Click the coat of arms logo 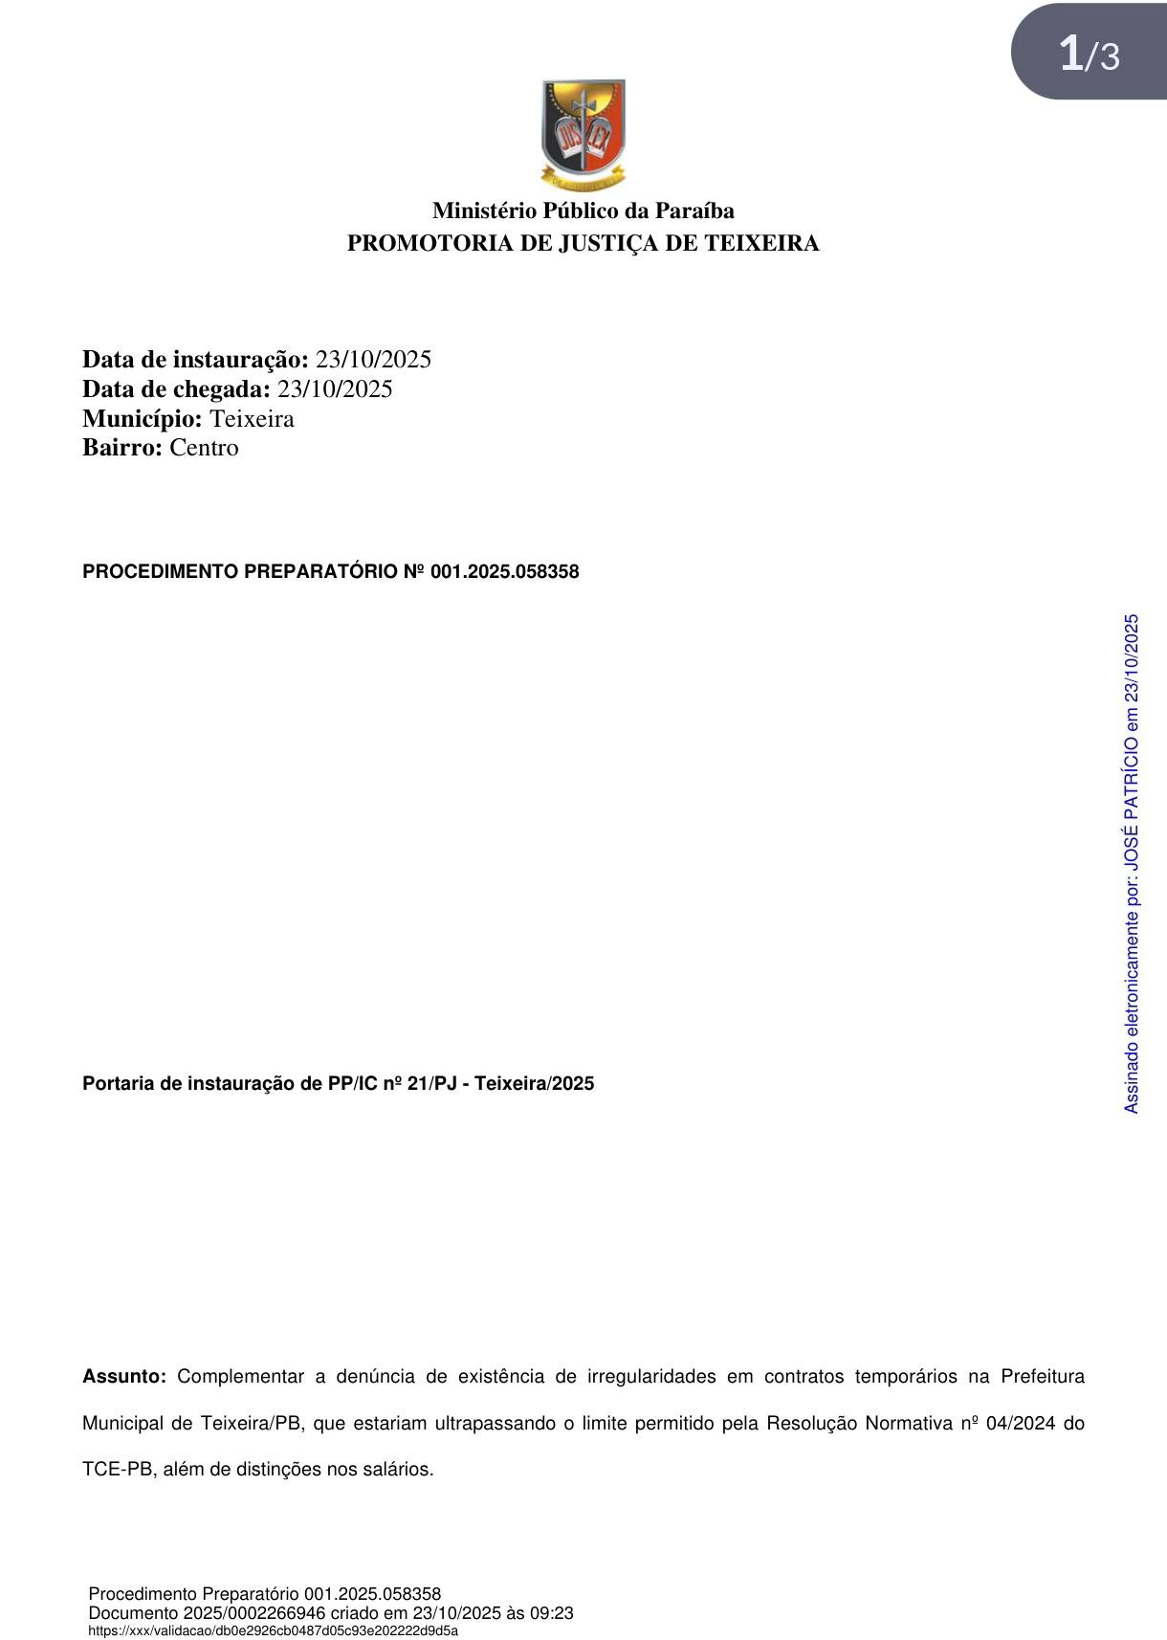point(583,135)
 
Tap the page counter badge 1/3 point(1089,54)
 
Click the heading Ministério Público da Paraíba point(583,211)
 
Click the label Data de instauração point(195,360)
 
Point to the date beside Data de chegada point(335,389)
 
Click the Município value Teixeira point(252,419)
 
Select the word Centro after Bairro point(204,448)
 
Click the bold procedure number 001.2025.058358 point(505,572)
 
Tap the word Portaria point(117,1084)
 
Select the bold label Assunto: point(124,1377)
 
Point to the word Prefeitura point(1043,1377)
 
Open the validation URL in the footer point(273,1630)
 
